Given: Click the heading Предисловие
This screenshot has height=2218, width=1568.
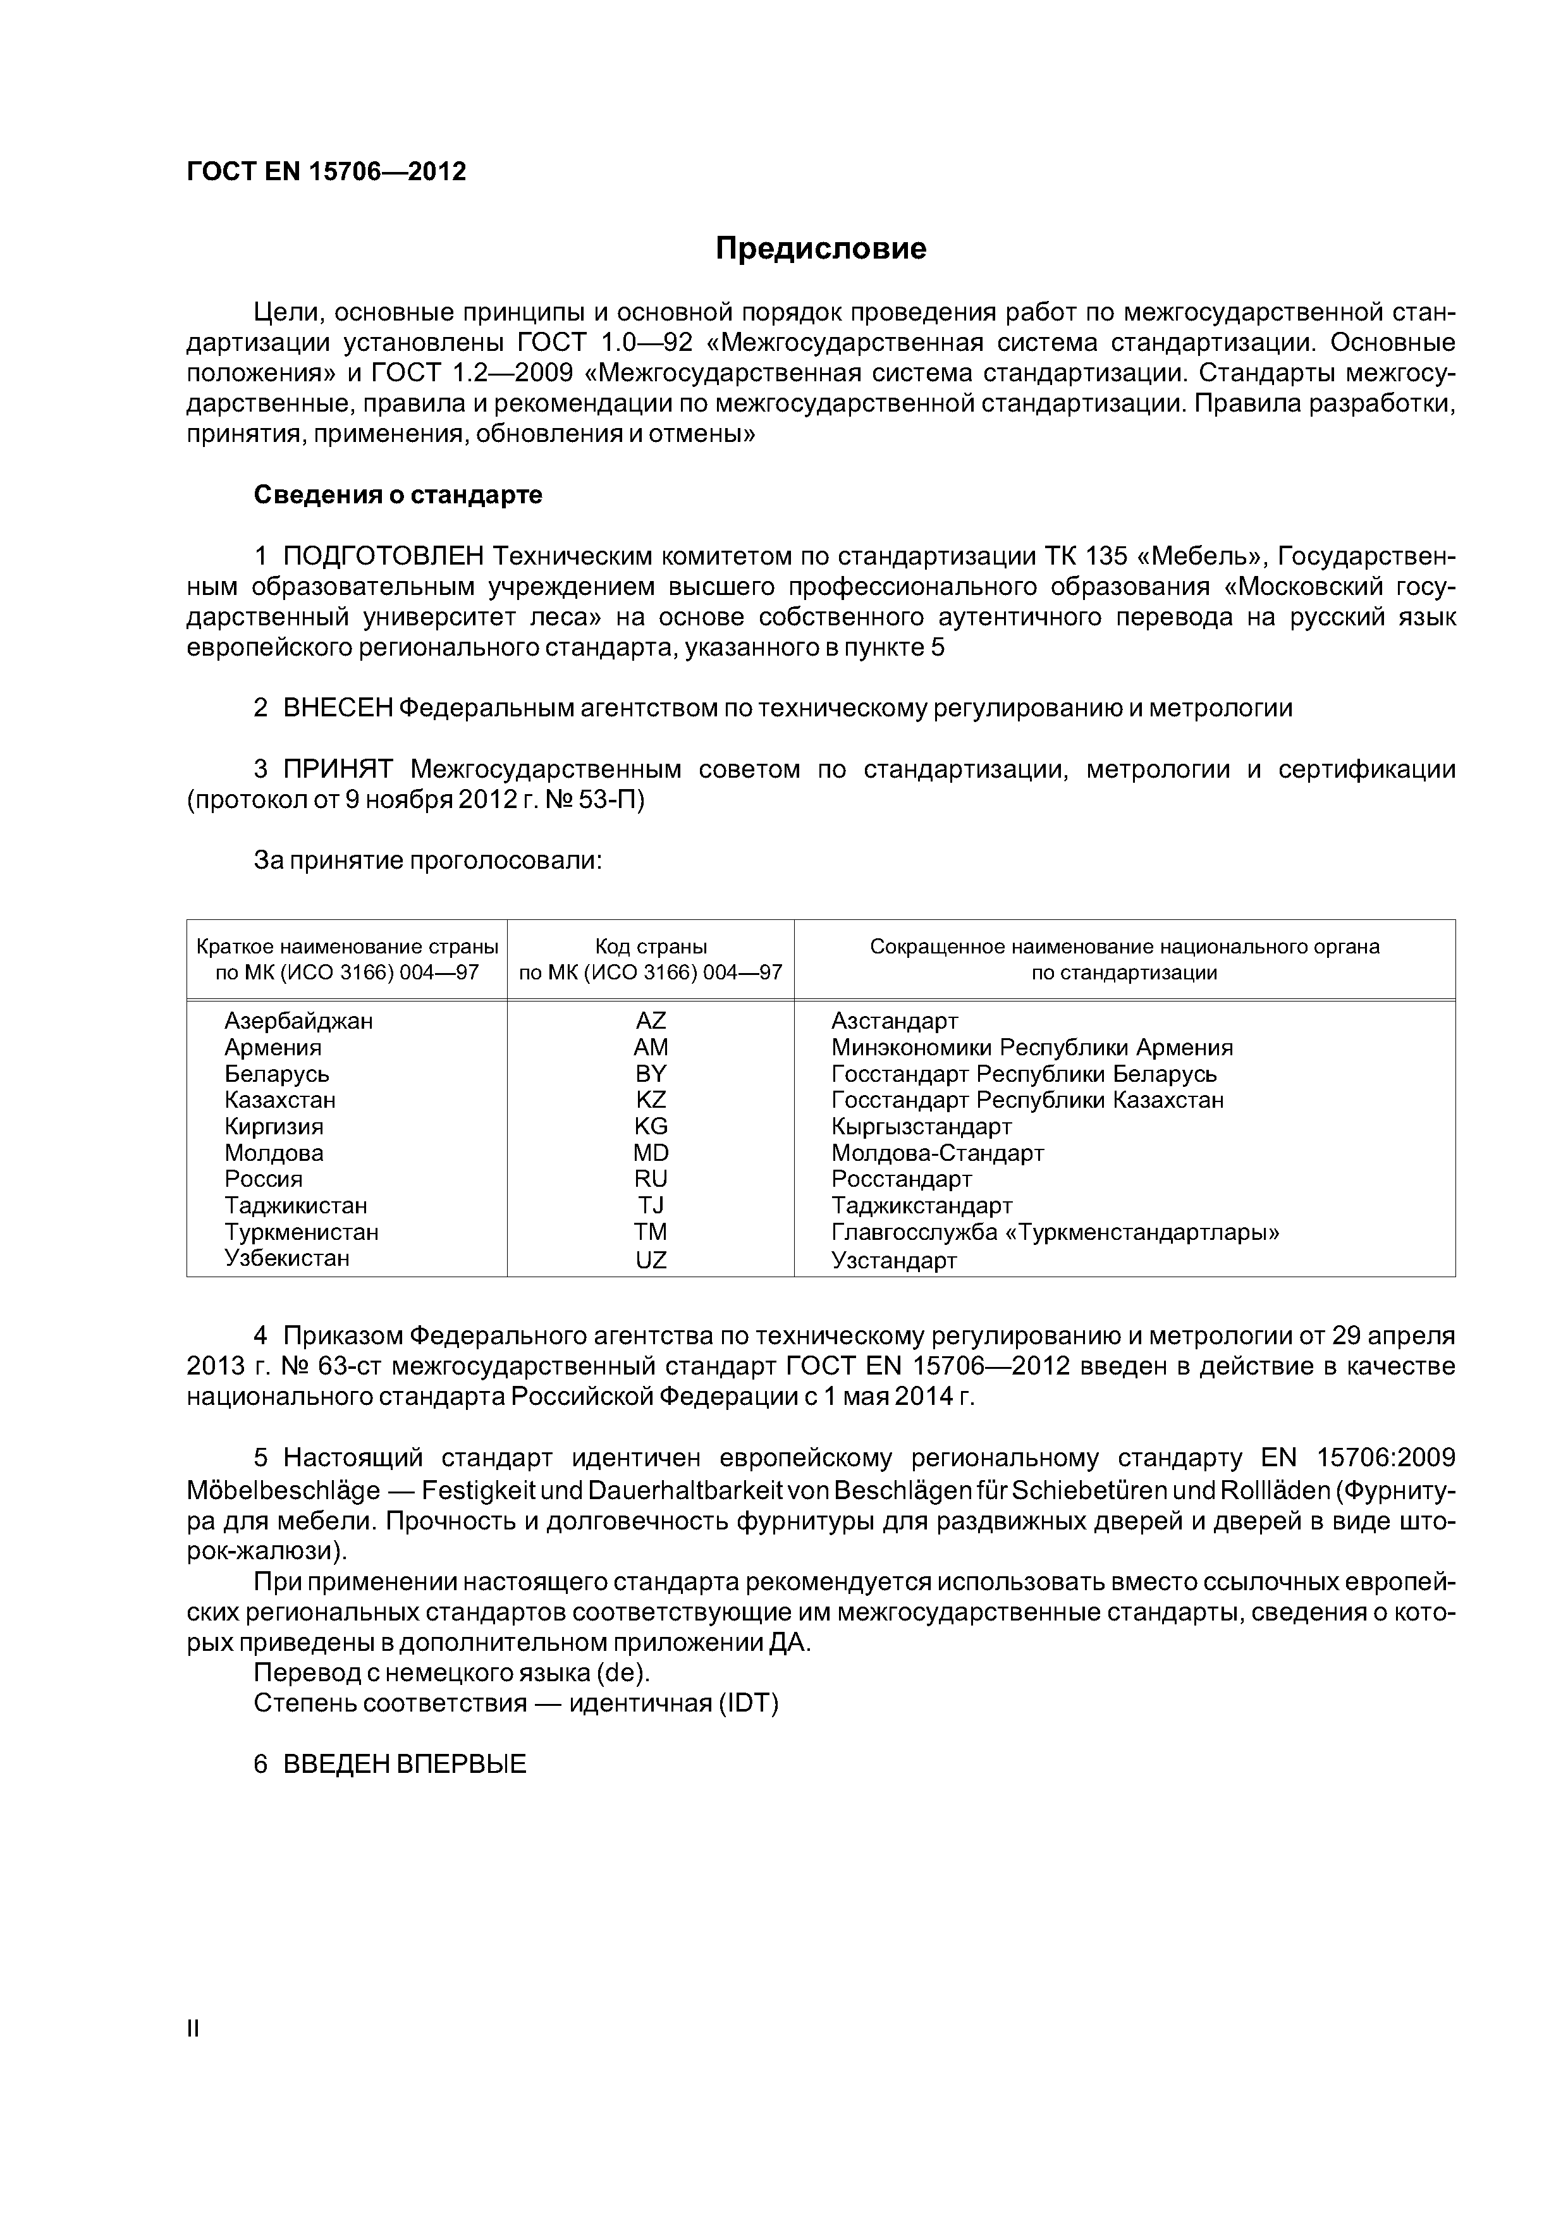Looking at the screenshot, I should [820, 249].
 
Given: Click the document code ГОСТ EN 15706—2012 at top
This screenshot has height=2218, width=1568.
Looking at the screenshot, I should [326, 172].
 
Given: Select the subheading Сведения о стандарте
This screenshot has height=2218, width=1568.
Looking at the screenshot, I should [398, 496].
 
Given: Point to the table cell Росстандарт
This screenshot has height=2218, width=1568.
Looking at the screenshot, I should [902, 1180].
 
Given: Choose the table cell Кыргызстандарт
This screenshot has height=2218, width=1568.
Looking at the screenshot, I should [921, 1127].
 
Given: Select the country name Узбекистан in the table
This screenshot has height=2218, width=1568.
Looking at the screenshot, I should [287, 1259].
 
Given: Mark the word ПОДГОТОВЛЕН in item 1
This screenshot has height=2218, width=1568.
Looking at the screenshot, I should [383, 558].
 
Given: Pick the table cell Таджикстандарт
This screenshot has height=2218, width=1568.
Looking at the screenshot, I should [922, 1206].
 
